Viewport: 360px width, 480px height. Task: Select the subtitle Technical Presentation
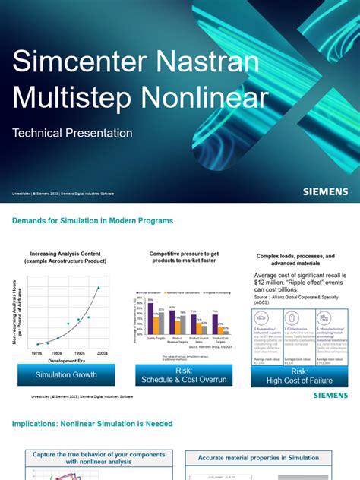pos(72,133)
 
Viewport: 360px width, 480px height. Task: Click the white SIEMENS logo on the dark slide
pos(325,192)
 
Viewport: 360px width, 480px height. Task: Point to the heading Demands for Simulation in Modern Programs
pos(93,220)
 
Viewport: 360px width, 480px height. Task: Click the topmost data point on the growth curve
pos(98,287)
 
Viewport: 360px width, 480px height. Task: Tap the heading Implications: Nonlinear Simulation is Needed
pos(92,423)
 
